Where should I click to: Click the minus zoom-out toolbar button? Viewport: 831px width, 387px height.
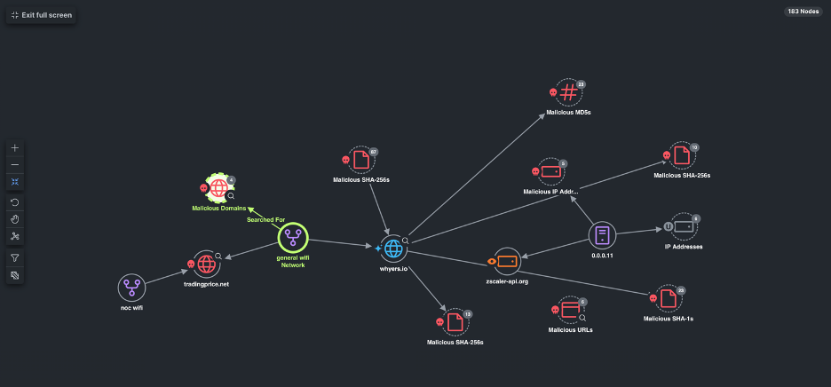[15, 165]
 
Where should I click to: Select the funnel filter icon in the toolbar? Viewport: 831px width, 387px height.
[15, 257]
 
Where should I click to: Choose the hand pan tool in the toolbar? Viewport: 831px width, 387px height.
[15, 218]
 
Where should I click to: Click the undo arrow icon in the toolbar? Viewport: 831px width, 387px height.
[15, 202]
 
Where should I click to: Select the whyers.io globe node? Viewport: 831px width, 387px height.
[393, 249]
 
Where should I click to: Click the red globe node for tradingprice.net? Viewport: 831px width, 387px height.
[207, 264]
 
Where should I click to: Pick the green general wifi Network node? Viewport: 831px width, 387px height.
[293, 237]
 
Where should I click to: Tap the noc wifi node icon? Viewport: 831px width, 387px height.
[131, 288]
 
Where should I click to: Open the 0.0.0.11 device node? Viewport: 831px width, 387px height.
[602, 235]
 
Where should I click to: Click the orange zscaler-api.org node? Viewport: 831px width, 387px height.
[507, 261]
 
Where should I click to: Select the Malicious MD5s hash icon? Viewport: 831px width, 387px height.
[569, 92]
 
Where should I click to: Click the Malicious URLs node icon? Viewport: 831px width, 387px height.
[571, 311]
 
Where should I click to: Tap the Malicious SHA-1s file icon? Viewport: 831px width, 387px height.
[668, 299]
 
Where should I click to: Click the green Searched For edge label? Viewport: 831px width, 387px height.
[265, 219]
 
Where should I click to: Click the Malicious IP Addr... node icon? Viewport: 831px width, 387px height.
[550, 171]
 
